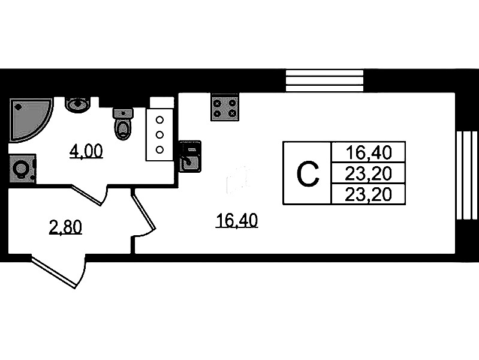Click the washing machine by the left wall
[x=22, y=169]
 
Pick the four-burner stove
[x=225, y=108]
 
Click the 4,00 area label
[x=86, y=152]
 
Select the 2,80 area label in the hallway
[x=65, y=227]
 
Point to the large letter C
[x=307, y=174]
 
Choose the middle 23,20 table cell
[x=369, y=173]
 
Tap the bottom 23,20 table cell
[x=369, y=194]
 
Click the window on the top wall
[x=324, y=80]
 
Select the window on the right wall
[x=466, y=175]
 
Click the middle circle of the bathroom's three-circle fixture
[x=160, y=134]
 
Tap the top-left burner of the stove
[x=218, y=103]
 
